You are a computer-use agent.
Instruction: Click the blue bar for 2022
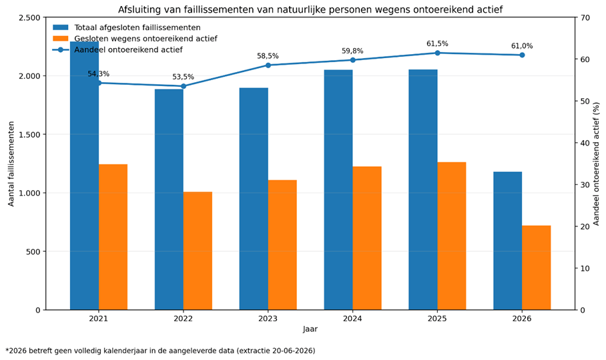coord(169,200)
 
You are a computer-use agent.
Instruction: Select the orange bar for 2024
coord(367,238)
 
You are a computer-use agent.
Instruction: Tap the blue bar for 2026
coord(508,240)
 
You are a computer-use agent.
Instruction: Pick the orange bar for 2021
coord(113,237)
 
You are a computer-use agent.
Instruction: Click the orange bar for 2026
coord(537,268)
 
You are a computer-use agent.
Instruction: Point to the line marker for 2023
coord(268,65)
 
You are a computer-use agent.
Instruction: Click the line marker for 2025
coord(438,53)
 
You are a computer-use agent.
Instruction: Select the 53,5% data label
coord(183,77)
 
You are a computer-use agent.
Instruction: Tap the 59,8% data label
coord(352,51)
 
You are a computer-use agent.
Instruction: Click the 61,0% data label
coord(522,46)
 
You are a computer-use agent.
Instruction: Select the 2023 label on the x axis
coord(268,319)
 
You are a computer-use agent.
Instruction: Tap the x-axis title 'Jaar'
coord(310,329)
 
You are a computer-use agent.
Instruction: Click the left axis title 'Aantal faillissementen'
coord(11,164)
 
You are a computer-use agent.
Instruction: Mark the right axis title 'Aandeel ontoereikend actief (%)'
coord(597,164)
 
